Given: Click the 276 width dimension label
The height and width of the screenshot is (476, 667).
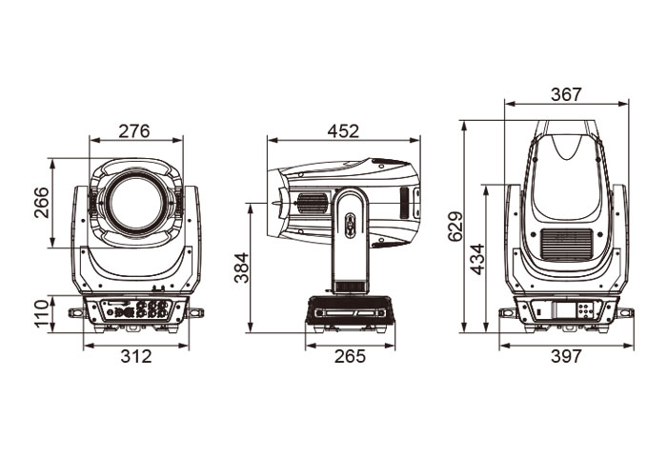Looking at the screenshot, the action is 134,131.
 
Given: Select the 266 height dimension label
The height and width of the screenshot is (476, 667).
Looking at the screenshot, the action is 42,202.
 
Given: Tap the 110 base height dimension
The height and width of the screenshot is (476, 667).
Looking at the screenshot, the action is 42,313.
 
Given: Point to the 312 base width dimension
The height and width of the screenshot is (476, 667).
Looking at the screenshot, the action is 136,356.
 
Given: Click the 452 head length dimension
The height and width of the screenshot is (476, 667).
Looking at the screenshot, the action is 343,131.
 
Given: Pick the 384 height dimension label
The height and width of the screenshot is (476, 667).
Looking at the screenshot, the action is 242,268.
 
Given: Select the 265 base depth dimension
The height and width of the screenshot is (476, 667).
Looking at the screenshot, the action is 350,356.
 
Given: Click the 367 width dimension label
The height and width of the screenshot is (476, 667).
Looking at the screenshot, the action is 566,94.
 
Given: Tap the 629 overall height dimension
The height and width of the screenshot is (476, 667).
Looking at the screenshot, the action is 455,227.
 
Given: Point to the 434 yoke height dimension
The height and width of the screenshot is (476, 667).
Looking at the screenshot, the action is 478,259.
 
